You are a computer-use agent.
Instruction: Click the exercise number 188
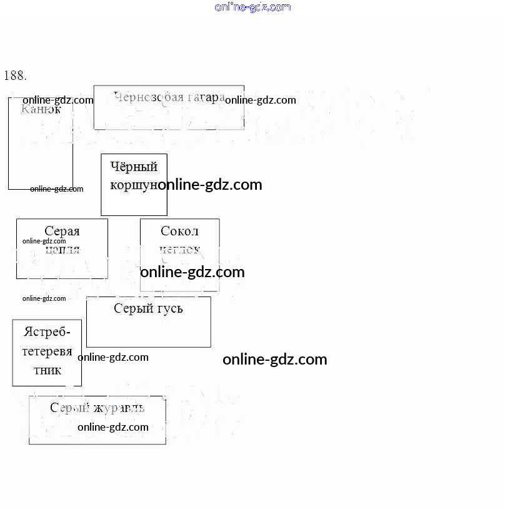(x=15, y=76)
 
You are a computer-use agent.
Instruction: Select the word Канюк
(x=41, y=109)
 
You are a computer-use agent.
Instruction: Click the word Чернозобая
(x=149, y=97)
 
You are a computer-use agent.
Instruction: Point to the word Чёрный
(x=134, y=167)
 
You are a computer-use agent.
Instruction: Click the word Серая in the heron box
(x=62, y=232)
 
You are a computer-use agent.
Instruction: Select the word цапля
(x=62, y=249)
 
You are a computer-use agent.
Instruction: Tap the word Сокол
(x=179, y=231)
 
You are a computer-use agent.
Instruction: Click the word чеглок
(x=179, y=249)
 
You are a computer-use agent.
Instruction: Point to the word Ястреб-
(x=47, y=332)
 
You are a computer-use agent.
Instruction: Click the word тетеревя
(x=47, y=351)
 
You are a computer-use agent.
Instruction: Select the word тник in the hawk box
(x=47, y=370)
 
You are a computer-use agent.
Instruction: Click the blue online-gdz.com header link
(x=252, y=7)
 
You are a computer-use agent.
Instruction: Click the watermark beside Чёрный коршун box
(x=210, y=185)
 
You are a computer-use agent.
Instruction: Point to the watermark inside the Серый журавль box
(x=113, y=427)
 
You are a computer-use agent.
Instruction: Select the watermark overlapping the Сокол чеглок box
(x=192, y=272)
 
